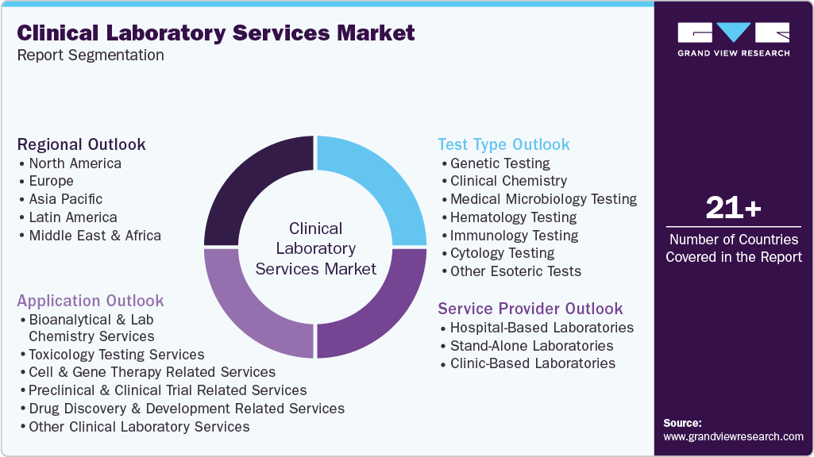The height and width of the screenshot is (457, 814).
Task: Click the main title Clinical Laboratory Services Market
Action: pyautogui.click(x=216, y=33)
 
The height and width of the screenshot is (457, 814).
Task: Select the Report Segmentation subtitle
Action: pyautogui.click(x=91, y=55)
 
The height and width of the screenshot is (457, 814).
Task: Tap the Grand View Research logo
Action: pyautogui.click(x=733, y=39)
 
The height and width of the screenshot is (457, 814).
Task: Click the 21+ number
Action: pyautogui.click(x=733, y=208)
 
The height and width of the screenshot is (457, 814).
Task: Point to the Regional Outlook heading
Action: pyautogui.click(x=82, y=144)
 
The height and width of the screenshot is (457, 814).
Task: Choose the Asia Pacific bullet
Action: pyautogui.click(x=65, y=199)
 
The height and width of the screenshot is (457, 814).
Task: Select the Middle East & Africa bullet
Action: pyautogui.click(x=95, y=236)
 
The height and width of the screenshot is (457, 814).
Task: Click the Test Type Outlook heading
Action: pyautogui.click(x=503, y=144)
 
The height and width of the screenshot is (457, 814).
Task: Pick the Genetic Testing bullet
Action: pyautogui.click(x=500, y=163)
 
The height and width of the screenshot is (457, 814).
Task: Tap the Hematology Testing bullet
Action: pyautogui.click(x=513, y=217)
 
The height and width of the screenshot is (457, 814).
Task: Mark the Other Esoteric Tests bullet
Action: pyautogui.click(x=515, y=271)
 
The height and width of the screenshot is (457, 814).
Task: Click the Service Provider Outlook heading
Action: pyautogui.click(x=530, y=309)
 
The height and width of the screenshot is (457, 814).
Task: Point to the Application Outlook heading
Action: pyautogui.click(x=91, y=301)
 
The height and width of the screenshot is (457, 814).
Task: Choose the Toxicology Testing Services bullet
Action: pyautogui.click(x=116, y=355)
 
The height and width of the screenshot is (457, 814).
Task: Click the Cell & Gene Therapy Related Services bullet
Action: pyautogui.click(x=152, y=372)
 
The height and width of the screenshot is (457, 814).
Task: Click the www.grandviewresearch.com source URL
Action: pyautogui.click(x=733, y=436)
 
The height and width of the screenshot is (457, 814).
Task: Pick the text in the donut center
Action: pyautogui.click(x=316, y=248)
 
